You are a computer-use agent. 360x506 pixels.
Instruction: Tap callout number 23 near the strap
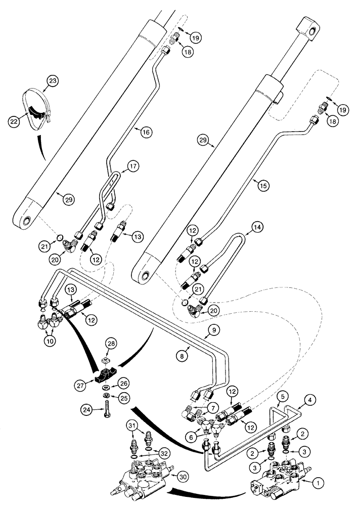coord(52,80)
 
